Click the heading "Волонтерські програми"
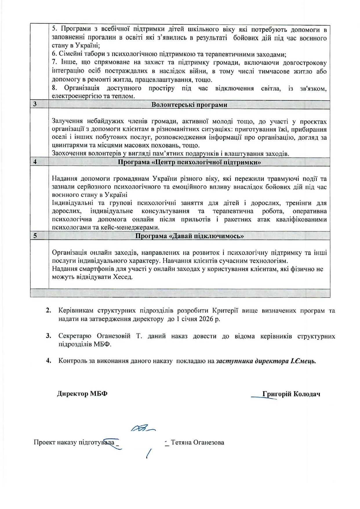tap(189, 105)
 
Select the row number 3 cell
tap(35, 104)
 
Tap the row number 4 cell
tap(35, 162)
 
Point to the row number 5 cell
tap(35, 236)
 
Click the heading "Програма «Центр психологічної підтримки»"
tap(189, 162)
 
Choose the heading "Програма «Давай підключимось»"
tap(189, 236)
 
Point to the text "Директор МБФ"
tap(82, 394)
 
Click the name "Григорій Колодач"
tap(291, 394)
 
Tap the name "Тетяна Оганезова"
tap(197, 443)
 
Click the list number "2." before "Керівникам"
tap(49, 311)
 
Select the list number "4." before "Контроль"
tap(49, 361)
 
